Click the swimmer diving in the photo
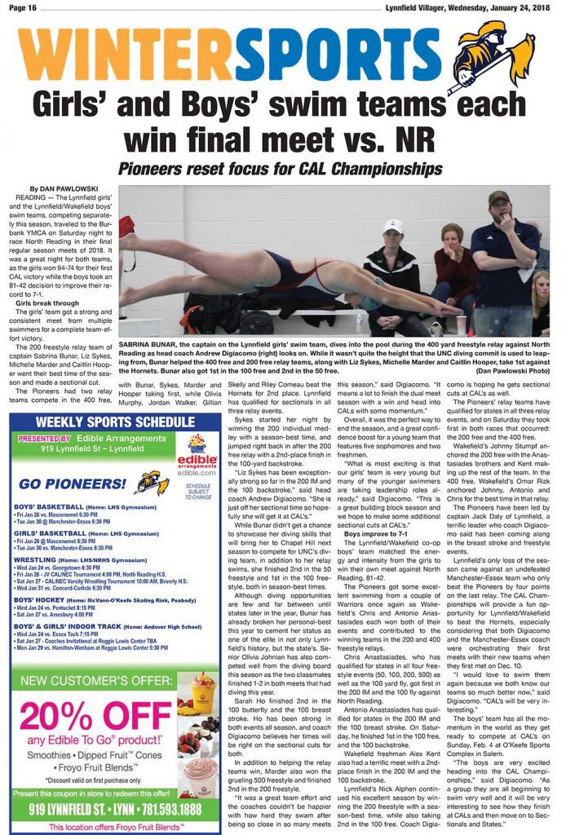(x=269, y=277)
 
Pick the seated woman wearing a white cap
(x=391, y=269)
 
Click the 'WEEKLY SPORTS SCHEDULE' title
(x=116, y=422)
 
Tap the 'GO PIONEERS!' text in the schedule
(x=73, y=483)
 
